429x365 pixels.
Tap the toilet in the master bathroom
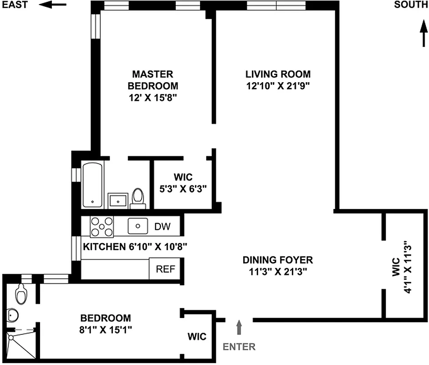(138, 198)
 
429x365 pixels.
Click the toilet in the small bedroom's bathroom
(20, 294)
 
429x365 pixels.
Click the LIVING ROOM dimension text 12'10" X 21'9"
(278, 85)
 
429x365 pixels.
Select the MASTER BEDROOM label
(153, 80)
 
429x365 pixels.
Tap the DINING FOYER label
(277, 260)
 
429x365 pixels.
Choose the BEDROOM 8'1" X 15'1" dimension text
(105, 329)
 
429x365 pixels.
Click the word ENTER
(239, 347)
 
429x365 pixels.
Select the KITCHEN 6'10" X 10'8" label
(135, 247)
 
